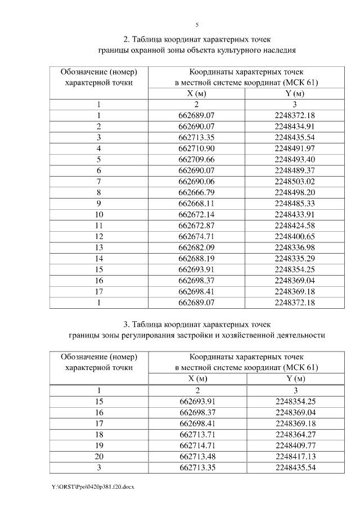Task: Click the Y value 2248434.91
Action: click(295, 126)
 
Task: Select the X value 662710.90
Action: click(197, 148)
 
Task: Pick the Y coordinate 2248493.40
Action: click(295, 159)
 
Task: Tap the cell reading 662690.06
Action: click(197, 181)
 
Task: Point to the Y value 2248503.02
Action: click(295, 181)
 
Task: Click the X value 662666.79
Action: click(197, 192)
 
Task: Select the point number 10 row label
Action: click(99, 214)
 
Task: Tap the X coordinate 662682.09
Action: click(197, 247)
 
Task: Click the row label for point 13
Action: click(99, 247)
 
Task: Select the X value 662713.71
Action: click(197, 434)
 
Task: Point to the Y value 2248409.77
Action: click(295, 445)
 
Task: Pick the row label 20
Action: click(99, 456)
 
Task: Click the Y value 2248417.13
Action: click(295, 456)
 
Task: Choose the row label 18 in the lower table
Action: click(99, 434)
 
